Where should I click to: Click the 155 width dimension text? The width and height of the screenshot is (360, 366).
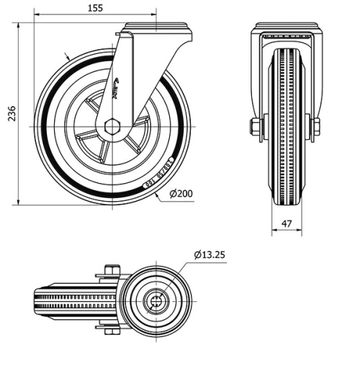tap(94, 8)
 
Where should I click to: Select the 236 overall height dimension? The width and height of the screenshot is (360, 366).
tap(10, 114)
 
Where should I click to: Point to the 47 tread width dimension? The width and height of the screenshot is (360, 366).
tap(287, 224)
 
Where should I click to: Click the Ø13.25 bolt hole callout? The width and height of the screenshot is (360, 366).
tap(211, 254)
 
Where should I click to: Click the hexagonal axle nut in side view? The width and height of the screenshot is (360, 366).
tap(112, 128)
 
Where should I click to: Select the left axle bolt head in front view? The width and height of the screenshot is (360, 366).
tap(254, 128)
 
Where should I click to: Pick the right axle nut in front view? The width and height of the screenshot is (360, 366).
tap(316, 128)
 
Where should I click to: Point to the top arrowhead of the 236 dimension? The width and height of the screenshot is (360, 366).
tap(18, 25)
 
